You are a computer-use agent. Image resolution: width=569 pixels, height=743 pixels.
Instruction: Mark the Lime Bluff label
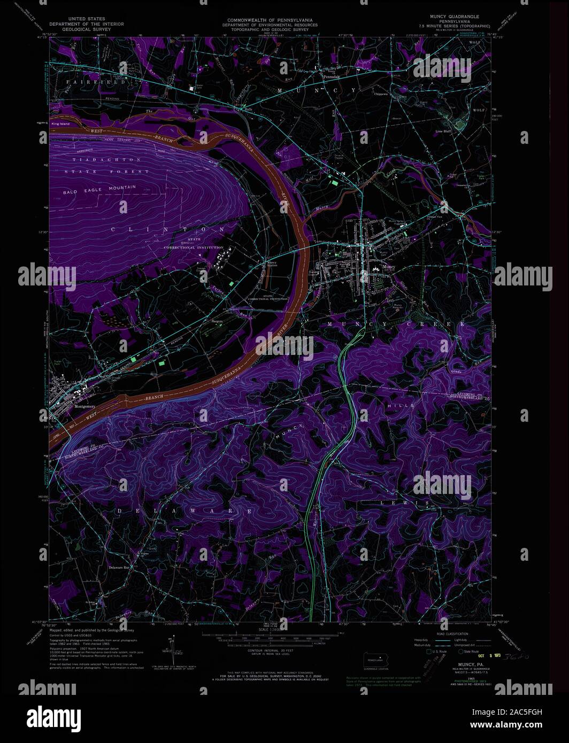click(444, 130)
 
